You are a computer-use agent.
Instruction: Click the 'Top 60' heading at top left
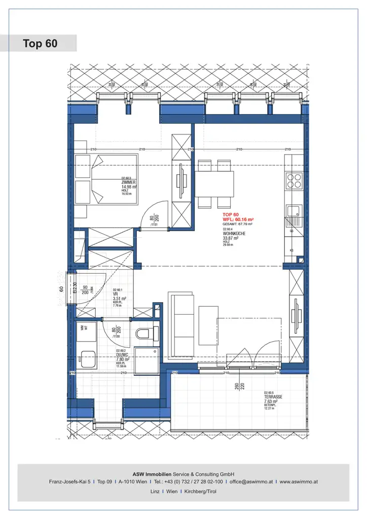click(x=40, y=44)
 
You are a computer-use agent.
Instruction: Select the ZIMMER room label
click(x=128, y=182)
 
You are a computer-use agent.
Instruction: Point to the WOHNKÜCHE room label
click(x=234, y=234)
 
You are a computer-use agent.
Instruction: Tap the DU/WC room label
click(x=122, y=354)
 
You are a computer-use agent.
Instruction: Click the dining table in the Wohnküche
click(x=214, y=183)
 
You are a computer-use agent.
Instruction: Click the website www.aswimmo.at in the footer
click(x=299, y=481)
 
